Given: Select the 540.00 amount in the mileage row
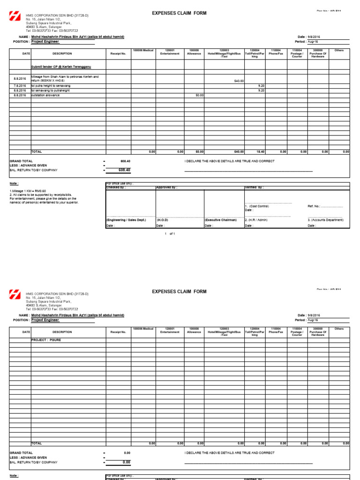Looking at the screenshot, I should pos(239,81).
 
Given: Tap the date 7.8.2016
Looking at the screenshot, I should pos(20,86).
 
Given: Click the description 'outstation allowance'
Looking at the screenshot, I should pos(45,95).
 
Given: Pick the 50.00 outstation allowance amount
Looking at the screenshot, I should pos(199,95).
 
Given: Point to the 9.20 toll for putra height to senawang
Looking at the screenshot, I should pos(262,86).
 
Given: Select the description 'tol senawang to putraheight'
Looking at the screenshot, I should pos(51,90).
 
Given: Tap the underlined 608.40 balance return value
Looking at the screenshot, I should pos(124,170).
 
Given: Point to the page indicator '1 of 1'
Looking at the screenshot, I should pos(170,233).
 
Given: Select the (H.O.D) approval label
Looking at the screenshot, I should pos(162,220).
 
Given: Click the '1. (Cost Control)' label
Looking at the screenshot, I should pos(257,206).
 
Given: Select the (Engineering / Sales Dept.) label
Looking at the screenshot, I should pos(126,220).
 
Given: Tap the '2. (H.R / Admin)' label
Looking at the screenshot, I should pos(256,220).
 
